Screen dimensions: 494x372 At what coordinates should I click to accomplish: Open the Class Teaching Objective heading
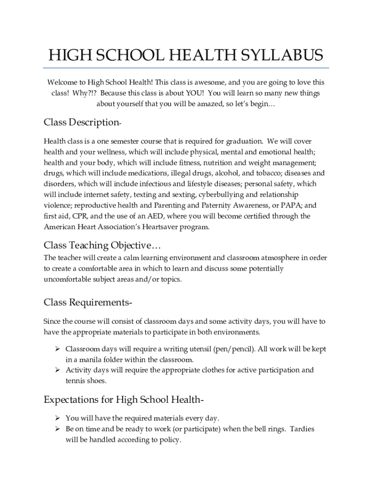[105, 245]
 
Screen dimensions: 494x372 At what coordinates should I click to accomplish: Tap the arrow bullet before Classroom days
[57, 348]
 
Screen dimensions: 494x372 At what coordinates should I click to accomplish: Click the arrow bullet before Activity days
[57, 370]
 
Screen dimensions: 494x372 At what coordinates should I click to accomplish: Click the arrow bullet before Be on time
[57, 428]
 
